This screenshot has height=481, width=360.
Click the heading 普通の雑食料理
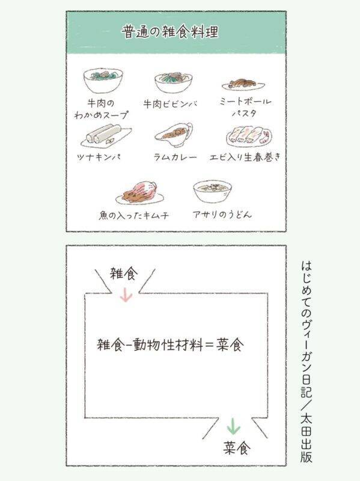point(170,32)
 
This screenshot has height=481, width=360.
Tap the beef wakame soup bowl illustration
point(103,81)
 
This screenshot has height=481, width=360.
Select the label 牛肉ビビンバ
point(171,104)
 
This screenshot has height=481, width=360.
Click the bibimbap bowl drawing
point(174,82)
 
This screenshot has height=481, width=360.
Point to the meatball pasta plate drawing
point(243,84)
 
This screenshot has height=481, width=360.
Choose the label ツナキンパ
point(99,158)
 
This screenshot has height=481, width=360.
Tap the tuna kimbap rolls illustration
point(106,136)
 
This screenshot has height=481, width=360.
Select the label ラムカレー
point(175,158)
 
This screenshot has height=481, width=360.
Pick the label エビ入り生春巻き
point(245,158)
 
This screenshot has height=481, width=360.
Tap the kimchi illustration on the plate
point(139,193)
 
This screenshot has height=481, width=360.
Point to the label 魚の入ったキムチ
point(133,215)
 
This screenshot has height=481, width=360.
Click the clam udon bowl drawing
point(213,191)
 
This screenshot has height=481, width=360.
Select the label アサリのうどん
point(222,215)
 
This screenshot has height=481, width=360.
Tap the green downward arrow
point(234,426)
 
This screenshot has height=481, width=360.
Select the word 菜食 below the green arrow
point(237,448)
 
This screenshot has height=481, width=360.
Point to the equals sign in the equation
point(209,345)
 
